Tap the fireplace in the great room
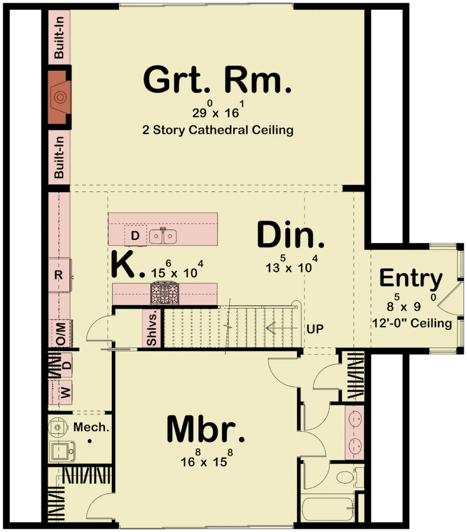59,97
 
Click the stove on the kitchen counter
165,293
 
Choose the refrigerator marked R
59,275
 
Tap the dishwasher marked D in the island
135,236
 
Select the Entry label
411,278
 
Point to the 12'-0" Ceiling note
412,323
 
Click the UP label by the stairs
315,329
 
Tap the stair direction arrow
280,328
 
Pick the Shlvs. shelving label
151,328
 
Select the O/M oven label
61,334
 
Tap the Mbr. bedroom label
205,429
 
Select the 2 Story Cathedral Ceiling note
218,130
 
